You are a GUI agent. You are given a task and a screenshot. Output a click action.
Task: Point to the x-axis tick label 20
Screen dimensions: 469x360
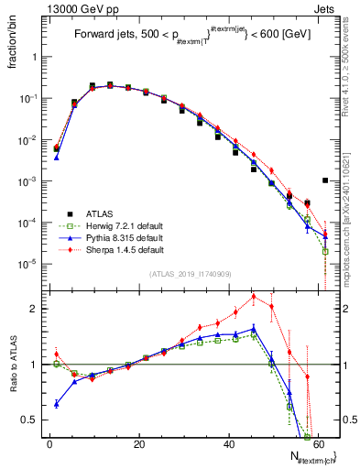tap(138, 443)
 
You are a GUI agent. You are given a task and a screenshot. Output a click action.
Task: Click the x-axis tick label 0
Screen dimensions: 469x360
tap(49, 443)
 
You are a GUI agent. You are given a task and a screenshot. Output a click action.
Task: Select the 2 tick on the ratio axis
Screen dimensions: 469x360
tap(38, 309)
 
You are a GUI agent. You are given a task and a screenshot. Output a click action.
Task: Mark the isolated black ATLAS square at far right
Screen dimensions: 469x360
tap(325, 180)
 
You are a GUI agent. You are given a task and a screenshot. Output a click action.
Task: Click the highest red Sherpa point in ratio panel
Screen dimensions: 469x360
tap(254, 296)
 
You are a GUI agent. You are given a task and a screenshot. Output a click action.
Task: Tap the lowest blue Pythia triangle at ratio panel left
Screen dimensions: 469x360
tap(57, 403)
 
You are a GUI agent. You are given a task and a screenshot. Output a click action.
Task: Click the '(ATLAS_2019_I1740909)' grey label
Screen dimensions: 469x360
tap(189, 273)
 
